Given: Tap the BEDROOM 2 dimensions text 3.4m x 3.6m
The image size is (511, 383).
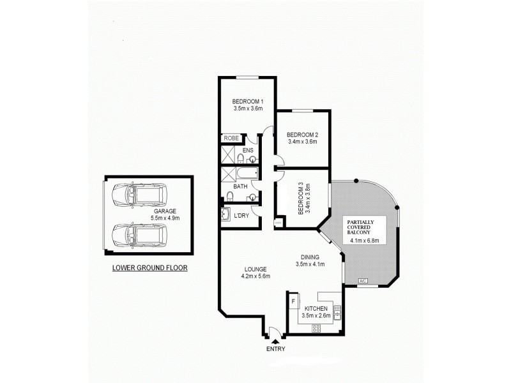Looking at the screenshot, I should (302, 142).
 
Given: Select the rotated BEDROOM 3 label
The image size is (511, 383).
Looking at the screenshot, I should (301, 199).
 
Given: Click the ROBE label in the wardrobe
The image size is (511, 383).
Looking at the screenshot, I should (230, 139).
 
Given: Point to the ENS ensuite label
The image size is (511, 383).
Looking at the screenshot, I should (247, 151).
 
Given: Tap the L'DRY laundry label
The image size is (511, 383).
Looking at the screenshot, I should (241, 216).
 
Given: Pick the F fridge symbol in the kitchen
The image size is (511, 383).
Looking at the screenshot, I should (294, 299).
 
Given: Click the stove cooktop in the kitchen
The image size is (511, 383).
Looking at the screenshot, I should (316, 328).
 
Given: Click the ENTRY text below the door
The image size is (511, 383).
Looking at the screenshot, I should (276, 349).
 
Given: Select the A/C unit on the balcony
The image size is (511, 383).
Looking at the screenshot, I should (363, 281).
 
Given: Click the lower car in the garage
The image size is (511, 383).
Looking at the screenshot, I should (138, 234).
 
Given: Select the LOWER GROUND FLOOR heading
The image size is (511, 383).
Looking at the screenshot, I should (149, 268).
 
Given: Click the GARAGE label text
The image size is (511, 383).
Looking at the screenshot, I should (164, 211).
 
